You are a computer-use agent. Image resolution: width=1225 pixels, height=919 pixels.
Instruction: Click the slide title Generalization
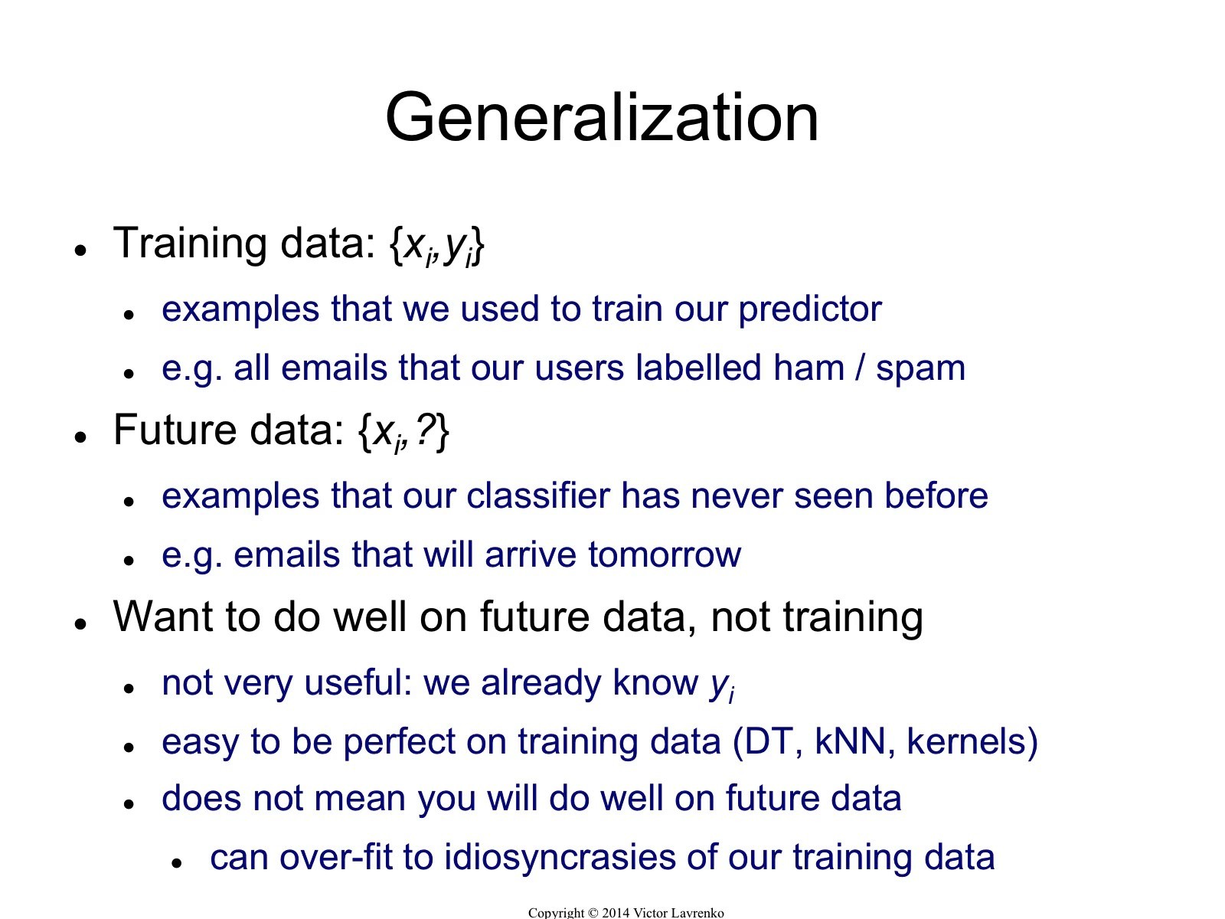point(602,118)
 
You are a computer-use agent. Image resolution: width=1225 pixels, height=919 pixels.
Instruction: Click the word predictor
point(810,310)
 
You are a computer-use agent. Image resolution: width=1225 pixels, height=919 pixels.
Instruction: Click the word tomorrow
point(664,555)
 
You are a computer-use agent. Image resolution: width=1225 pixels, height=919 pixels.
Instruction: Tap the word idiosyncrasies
point(560,858)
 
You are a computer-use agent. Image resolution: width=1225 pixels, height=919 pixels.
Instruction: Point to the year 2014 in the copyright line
point(616,913)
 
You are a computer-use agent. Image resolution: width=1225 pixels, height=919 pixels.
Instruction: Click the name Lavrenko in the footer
point(698,913)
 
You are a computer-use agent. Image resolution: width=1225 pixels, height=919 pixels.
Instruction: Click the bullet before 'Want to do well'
point(81,623)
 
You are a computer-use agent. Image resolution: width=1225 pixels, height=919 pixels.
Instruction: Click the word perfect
point(399,743)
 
